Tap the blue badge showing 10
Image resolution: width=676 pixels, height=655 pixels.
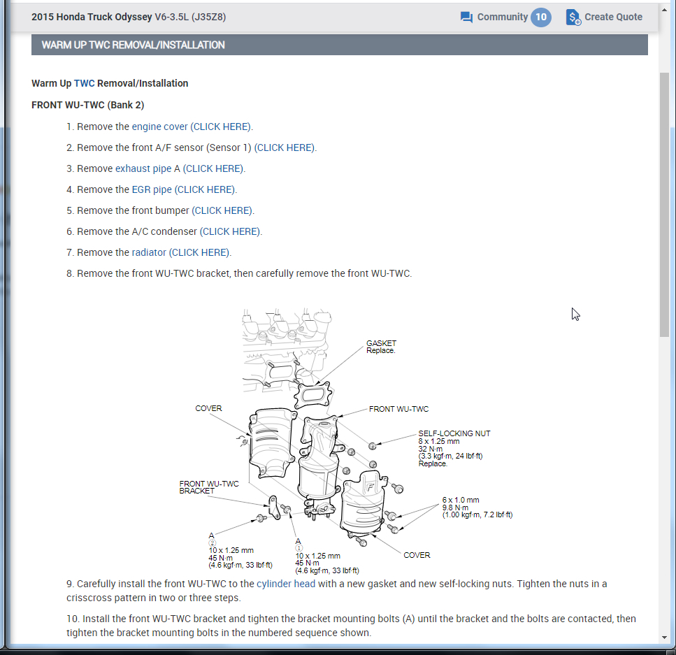541,17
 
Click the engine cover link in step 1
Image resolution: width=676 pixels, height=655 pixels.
159,127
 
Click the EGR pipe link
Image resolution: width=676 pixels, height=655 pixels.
152,189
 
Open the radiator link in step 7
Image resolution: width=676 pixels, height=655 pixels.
149,252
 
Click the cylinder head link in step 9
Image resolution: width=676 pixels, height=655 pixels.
286,584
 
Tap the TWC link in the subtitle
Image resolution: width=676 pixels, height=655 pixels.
84,83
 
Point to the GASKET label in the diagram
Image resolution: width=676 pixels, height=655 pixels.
381,343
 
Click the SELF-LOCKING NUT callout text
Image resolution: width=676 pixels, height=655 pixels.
454,433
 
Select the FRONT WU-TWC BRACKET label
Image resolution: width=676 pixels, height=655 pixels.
209,487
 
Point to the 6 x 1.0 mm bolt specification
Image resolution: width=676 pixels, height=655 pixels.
461,500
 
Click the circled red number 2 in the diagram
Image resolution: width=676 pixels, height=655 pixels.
212,543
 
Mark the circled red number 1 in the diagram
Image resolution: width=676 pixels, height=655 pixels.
299,549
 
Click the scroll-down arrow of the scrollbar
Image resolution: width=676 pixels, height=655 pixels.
664,638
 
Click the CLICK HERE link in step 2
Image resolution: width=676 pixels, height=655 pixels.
285,147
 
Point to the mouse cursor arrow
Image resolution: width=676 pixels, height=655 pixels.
575,313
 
